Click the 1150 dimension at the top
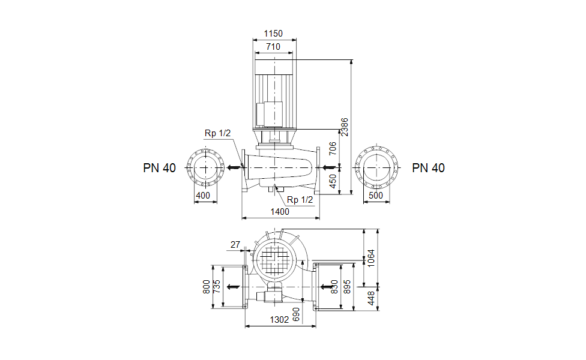coord(273,34)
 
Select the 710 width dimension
coord(273,46)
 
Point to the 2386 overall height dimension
coord(345,127)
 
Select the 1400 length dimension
coord(279,211)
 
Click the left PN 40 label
coord(159,168)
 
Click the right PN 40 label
coord(429,168)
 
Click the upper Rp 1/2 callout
coord(217,134)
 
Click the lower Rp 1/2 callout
coord(300,200)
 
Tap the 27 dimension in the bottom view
coord(235,244)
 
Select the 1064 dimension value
coord(371,259)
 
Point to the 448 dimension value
coord(371,298)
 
